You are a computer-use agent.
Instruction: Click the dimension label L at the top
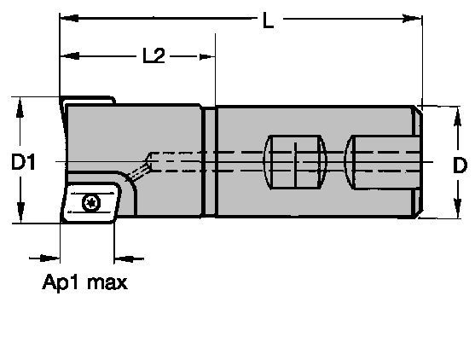[268, 21]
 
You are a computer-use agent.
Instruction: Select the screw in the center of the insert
[91, 201]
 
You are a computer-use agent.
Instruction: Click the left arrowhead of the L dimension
[67, 17]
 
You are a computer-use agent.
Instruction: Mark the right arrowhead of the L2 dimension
[207, 56]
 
